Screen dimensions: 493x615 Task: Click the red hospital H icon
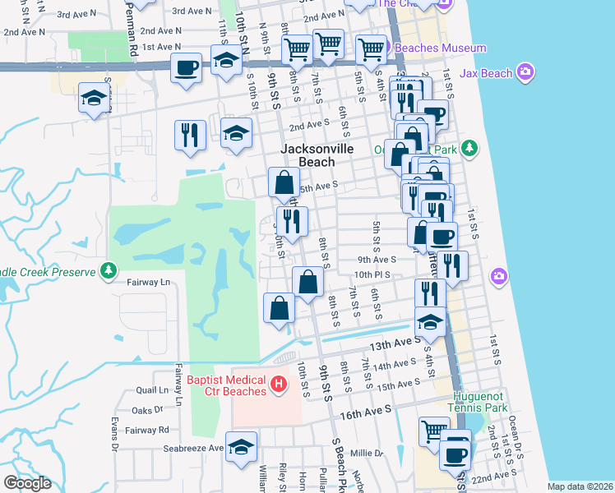pos(279,384)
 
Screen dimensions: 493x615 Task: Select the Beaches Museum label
pos(441,48)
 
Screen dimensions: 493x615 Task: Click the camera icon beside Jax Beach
pos(526,74)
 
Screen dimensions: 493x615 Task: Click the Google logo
pos(27,483)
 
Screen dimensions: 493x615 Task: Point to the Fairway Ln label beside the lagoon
pos(148,282)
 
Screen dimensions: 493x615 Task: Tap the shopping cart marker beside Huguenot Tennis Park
pos(433,431)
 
